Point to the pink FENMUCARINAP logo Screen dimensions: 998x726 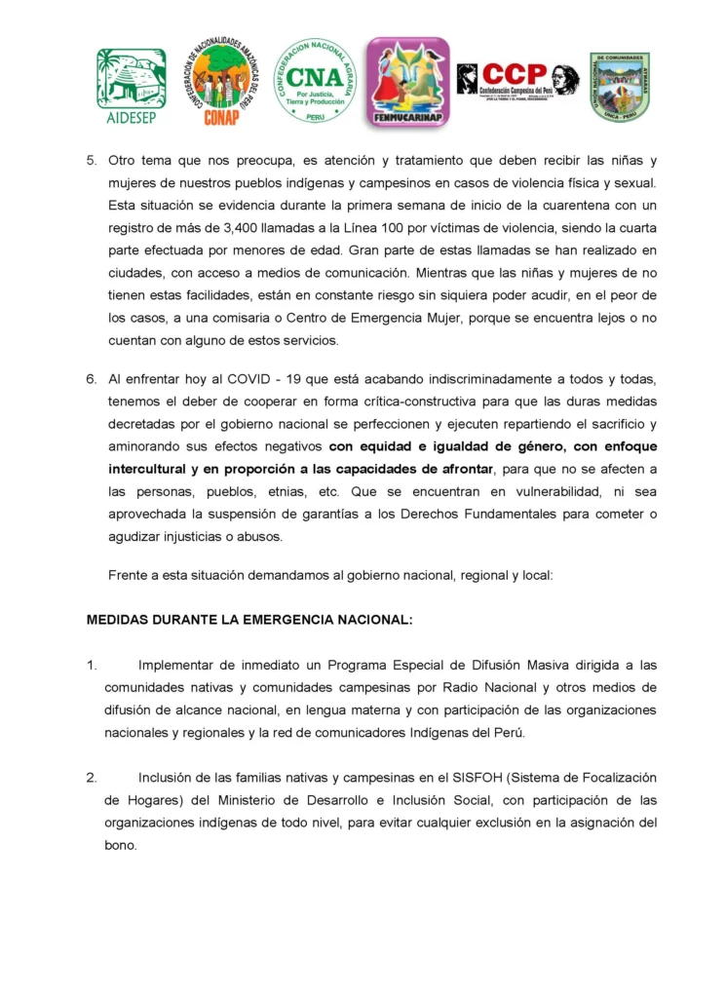point(407,83)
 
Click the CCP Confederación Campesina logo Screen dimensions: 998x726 point(516,79)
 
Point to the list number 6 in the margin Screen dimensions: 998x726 point(91,379)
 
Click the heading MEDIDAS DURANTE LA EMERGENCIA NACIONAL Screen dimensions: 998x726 point(249,619)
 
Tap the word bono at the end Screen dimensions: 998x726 point(121,845)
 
